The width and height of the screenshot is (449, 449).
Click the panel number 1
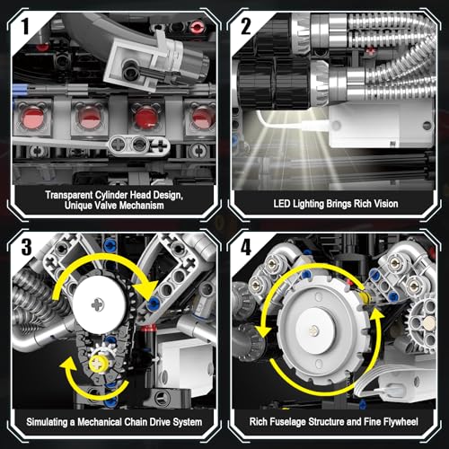(25, 26)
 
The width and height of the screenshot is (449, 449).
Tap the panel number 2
(246, 26)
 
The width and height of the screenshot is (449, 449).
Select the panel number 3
(26, 246)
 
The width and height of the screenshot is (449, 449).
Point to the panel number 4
(246, 247)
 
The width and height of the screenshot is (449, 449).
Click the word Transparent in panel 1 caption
(69, 195)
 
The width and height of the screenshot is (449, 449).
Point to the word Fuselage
(286, 422)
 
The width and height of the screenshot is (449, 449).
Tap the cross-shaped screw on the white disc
(98, 304)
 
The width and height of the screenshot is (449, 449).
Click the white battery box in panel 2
(382, 125)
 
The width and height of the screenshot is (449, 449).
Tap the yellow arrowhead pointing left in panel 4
(265, 330)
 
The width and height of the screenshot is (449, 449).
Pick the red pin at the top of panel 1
(198, 26)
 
